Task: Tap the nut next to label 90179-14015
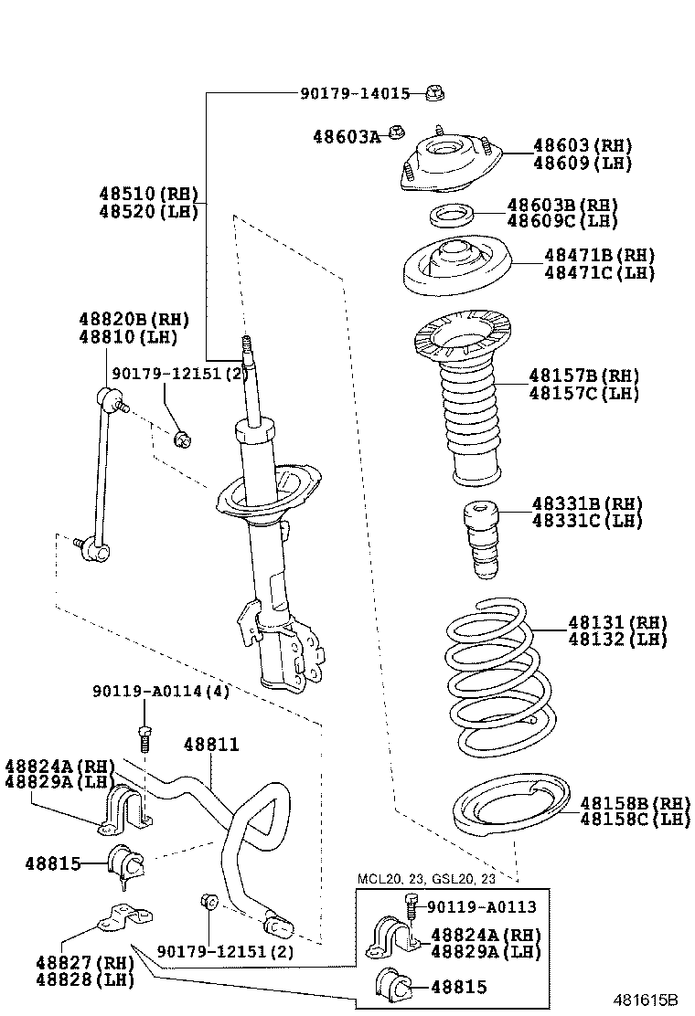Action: coord(435,92)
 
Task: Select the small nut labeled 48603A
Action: coord(397,132)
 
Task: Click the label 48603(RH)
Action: coord(583,146)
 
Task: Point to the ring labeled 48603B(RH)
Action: coord(452,217)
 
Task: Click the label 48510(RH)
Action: coord(148,194)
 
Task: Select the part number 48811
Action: coord(211,746)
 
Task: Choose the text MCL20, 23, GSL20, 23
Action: coord(426,879)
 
